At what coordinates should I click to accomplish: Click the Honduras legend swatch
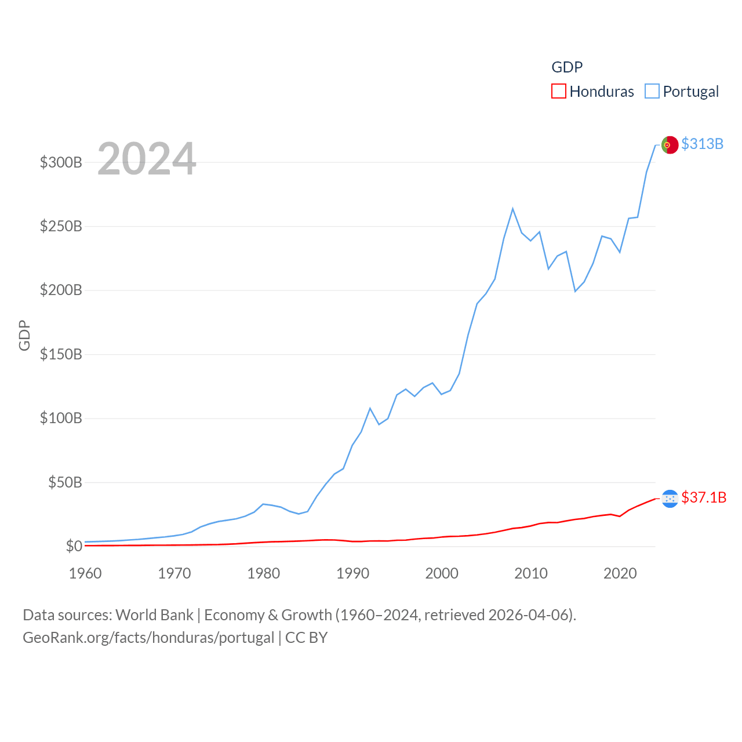(558, 92)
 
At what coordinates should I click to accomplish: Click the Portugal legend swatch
(652, 92)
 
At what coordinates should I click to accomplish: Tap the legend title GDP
(567, 67)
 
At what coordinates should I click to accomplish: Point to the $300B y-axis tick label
(61, 162)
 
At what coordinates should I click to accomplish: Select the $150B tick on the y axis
(61, 354)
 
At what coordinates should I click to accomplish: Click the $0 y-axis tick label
(74, 546)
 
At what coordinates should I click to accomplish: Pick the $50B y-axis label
(65, 482)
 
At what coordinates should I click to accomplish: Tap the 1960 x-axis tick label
(85, 573)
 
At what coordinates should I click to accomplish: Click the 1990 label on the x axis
(352, 573)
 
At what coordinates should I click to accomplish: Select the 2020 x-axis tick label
(620, 573)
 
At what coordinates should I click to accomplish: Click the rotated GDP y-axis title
(24, 335)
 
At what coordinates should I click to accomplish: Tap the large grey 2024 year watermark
(147, 159)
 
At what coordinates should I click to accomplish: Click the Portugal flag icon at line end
(670, 145)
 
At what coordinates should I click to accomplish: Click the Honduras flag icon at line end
(670, 499)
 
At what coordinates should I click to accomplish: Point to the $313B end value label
(702, 144)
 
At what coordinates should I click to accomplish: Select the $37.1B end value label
(704, 497)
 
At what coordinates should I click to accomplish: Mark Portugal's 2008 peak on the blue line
(513, 209)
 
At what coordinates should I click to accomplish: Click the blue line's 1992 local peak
(370, 409)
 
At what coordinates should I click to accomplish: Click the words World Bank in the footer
(154, 614)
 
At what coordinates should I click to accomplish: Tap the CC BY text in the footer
(307, 638)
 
